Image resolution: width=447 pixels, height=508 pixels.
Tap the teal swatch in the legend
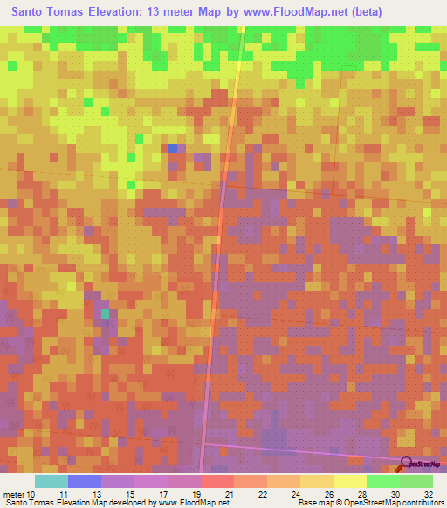point(52,481)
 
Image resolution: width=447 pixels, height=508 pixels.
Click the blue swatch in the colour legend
point(85,481)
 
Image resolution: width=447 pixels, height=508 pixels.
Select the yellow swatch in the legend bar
point(350,481)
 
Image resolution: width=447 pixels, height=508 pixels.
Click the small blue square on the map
point(173,148)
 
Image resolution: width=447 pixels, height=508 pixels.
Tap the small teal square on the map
point(106,312)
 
